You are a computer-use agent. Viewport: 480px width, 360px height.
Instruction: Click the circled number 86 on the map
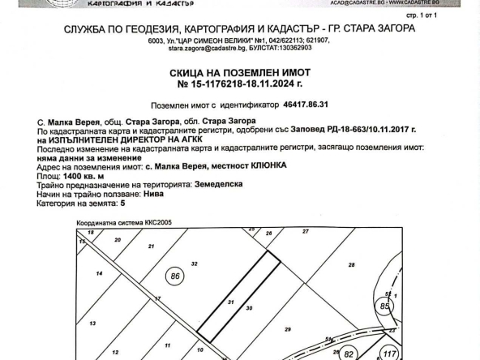(x=174, y=276)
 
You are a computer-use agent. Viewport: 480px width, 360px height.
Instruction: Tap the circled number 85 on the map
(x=385, y=306)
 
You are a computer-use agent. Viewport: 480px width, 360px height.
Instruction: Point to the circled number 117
(x=389, y=354)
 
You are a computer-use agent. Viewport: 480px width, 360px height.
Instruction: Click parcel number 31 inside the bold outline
(x=231, y=302)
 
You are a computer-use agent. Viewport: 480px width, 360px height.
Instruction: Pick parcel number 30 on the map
(x=249, y=308)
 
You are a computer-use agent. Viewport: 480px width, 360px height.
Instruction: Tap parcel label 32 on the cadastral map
(x=194, y=264)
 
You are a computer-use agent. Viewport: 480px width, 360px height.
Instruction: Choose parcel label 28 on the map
(x=351, y=265)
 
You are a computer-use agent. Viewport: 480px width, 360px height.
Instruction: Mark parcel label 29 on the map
(x=287, y=329)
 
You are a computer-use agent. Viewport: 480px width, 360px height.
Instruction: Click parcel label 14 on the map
(x=99, y=274)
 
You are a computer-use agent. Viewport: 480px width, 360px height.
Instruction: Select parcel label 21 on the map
(x=150, y=245)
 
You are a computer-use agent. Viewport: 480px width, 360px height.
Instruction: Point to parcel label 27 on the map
(x=305, y=232)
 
